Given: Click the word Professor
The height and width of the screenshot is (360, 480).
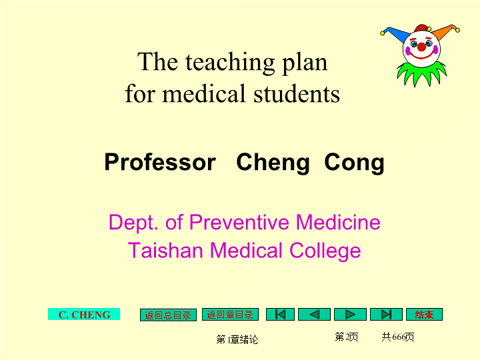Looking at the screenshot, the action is (x=160, y=162).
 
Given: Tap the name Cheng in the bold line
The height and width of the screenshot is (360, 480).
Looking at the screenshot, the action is (x=273, y=163).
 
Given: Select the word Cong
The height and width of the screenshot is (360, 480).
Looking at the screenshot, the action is (x=354, y=163).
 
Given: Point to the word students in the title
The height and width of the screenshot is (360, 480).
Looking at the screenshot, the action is (x=297, y=93).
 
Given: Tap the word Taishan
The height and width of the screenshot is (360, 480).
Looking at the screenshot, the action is (x=165, y=250).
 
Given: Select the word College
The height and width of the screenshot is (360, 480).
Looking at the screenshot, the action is (x=325, y=251).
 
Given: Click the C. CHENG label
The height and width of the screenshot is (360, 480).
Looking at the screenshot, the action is (x=84, y=315).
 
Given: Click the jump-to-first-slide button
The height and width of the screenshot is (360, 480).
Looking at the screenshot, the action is (x=280, y=315).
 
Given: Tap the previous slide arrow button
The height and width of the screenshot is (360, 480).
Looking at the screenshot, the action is (x=314, y=315).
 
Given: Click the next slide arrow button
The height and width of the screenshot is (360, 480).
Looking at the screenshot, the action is (x=350, y=315).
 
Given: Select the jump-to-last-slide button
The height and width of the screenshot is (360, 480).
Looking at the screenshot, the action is (x=386, y=315).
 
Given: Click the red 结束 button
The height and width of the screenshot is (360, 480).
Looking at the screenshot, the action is (x=424, y=315).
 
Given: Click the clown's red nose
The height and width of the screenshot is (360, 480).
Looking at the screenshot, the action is (x=422, y=47).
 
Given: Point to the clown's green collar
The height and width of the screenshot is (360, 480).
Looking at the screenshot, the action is (x=422, y=73).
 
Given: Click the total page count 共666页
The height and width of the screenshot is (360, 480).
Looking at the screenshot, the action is (x=397, y=337).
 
